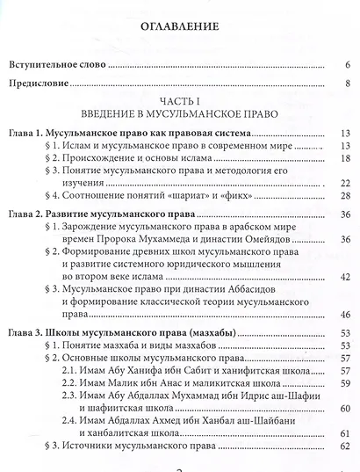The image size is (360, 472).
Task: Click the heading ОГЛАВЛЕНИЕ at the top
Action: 179,26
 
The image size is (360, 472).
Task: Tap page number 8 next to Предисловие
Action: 348,84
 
